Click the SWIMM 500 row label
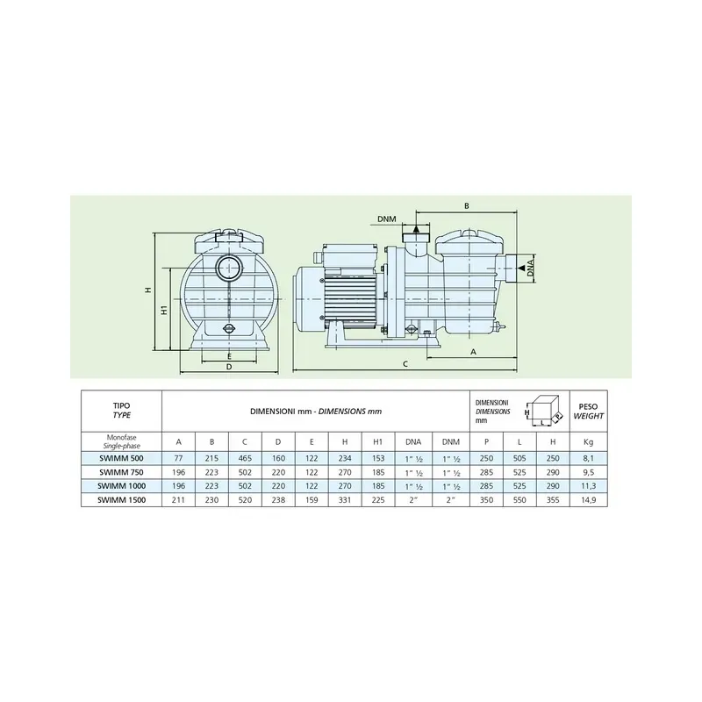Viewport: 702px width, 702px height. coord(121,458)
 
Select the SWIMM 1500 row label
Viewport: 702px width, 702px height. coord(121,499)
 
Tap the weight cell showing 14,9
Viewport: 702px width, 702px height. coord(588,499)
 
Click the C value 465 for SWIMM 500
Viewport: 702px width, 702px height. coord(245,458)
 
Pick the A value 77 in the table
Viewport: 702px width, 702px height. coord(178,458)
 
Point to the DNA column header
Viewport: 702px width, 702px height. coord(413,442)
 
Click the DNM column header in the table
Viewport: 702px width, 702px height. coord(451,442)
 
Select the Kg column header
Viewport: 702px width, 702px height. coord(588,442)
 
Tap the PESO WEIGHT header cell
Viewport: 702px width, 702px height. coord(588,411)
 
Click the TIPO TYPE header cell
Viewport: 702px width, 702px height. coord(121,411)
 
